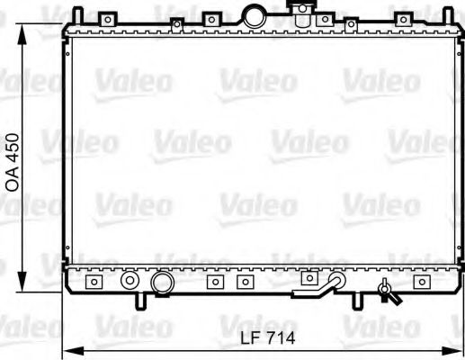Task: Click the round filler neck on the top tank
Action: pos(255,16)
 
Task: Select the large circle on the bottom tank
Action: pos(162,283)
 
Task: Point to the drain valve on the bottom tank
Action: pos(387,290)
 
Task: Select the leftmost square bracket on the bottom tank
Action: pos(93,283)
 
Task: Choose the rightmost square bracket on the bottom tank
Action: pos(420,282)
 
